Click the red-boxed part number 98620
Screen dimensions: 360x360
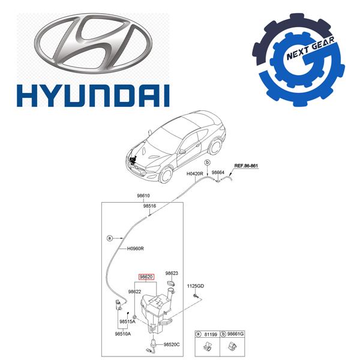click(146, 277)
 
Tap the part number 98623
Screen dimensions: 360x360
click(172, 273)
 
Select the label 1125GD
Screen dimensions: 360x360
click(196, 286)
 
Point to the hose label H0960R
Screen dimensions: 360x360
click(136, 248)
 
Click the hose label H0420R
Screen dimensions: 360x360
click(194, 174)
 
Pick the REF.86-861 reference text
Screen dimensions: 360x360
click(246, 166)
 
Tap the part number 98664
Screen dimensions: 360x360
click(218, 172)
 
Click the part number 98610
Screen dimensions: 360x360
click(143, 196)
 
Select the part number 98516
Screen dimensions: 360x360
click(149, 206)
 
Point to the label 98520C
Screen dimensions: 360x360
click(172, 344)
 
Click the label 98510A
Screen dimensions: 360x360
click(123, 334)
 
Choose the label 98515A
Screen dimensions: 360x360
click(127, 322)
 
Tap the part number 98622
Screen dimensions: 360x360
click(134, 292)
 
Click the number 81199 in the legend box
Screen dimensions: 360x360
click(211, 335)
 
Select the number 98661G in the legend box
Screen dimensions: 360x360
click(235, 334)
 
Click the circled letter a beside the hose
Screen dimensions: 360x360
click(110, 238)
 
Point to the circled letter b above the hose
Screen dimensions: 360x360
click(208, 163)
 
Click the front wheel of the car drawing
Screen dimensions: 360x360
click(166, 175)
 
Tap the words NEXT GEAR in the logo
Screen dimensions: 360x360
click(310, 49)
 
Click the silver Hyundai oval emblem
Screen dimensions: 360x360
click(93, 44)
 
